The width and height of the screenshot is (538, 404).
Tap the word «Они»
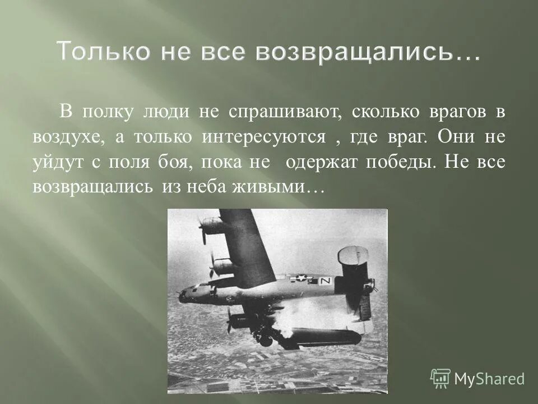[x=457, y=137]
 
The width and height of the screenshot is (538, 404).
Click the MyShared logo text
[x=489, y=379]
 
